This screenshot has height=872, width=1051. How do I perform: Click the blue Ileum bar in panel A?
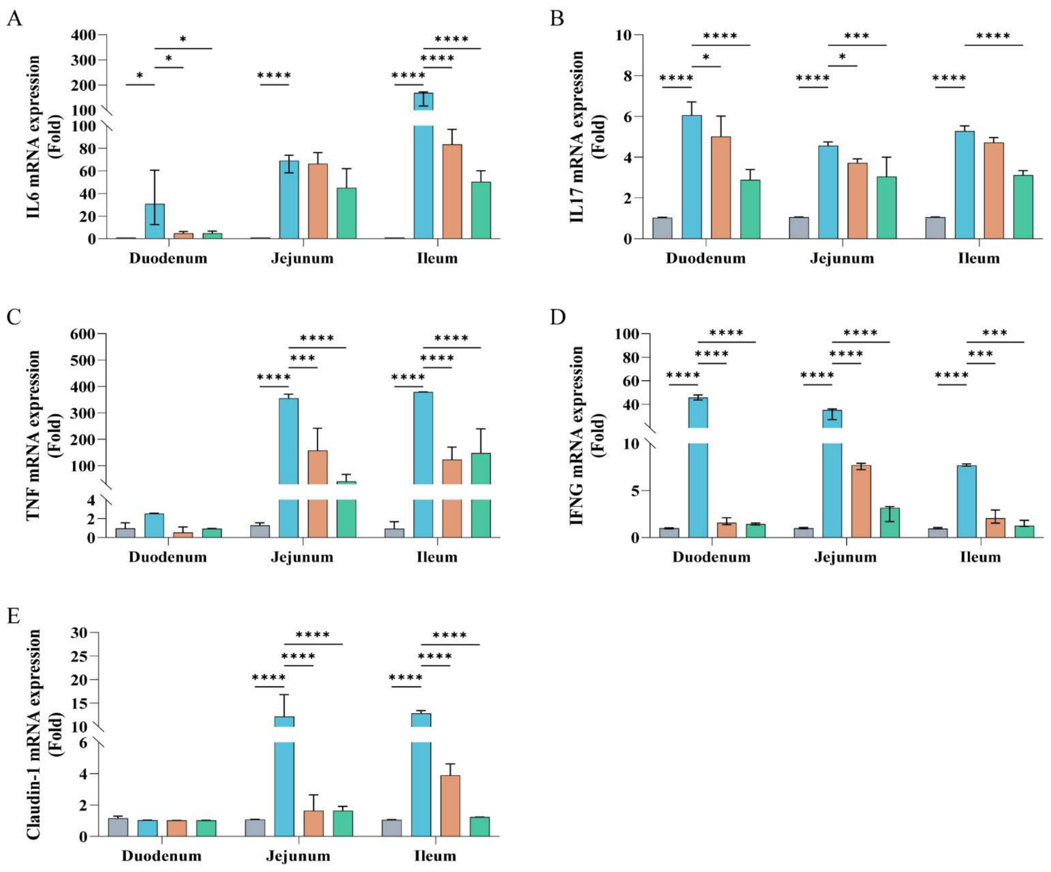point(423,166)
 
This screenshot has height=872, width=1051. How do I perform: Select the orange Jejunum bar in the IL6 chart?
point(318,201)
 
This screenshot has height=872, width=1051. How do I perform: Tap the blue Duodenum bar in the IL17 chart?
point(692,177)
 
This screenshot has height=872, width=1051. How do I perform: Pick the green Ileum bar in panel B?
point(1023,207)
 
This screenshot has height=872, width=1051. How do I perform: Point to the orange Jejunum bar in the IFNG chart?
point(861,501)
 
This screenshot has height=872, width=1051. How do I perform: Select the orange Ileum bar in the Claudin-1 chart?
point(450,806)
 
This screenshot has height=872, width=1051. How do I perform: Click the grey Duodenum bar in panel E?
point(118,827)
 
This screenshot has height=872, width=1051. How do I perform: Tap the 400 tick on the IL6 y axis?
point(84,35)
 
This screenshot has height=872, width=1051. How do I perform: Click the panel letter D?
point(558,318)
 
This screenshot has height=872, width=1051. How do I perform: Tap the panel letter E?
point(13,616)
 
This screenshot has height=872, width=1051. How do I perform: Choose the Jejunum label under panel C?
point(302,557)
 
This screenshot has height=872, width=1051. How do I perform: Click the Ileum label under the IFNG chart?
point(980,557)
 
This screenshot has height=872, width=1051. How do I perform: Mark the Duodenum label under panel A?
point(168,259)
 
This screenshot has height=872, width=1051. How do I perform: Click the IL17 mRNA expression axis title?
point(577,137)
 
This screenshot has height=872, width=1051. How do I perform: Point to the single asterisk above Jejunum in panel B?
point(842,57)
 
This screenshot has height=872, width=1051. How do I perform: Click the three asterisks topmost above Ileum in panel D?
point(995,333)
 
